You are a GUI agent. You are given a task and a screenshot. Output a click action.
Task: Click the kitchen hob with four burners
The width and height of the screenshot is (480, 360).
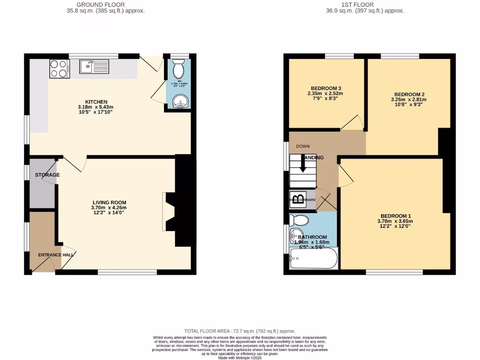pos(59,68)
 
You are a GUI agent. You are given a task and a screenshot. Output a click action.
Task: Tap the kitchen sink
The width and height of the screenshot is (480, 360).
pos(94,67)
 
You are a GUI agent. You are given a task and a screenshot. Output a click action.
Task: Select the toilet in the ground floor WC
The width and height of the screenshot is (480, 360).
pos(178,70)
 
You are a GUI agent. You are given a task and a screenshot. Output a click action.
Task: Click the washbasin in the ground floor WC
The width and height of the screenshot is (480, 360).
pos(179,101)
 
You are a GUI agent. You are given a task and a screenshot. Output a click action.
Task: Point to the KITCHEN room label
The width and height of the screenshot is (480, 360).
pos(96,102)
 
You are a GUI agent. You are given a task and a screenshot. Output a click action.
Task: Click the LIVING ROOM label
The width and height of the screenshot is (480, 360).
pos(109,202)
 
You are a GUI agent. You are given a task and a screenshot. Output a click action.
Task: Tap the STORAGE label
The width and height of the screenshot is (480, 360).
pos(47,175)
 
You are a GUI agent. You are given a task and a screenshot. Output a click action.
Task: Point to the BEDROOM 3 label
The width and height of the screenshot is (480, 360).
pos(326,88)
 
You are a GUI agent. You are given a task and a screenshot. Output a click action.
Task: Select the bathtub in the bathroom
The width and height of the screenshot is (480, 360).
pos(314,259)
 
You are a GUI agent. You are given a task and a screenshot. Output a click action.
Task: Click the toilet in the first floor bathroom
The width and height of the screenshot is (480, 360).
pos(298,220)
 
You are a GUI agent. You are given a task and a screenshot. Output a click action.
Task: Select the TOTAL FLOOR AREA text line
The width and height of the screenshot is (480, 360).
pos(240,331)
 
